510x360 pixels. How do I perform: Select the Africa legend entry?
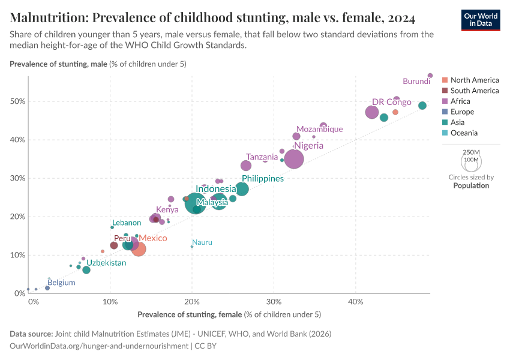460,101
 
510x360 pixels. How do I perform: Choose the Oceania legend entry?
464,133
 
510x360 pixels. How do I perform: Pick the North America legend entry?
474,80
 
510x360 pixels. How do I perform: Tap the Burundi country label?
416,81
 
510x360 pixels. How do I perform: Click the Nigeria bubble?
294,159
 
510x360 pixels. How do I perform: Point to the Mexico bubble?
139,248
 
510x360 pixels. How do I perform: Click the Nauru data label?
202,242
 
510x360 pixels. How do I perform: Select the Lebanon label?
127,223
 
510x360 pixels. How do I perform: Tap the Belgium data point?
47,288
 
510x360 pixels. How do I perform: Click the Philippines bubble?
242,189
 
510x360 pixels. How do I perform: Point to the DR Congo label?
391,102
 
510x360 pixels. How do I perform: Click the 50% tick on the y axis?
17,101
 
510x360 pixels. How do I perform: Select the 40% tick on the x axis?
356,302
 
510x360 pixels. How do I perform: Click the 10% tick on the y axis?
17,255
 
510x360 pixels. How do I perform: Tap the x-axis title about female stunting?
229,314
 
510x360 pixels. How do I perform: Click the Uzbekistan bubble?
86,270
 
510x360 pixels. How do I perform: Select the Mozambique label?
320,129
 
